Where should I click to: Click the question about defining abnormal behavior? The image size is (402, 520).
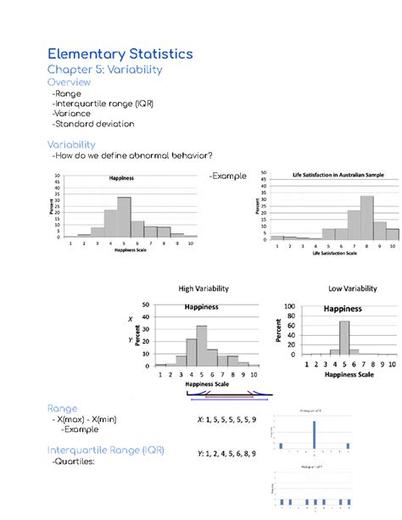131,155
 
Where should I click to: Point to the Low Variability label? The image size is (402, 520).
352,289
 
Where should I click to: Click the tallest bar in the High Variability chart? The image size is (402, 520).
202,344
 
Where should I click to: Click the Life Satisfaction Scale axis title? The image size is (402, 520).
334,254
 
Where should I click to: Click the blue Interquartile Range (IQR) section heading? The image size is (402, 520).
106,449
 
